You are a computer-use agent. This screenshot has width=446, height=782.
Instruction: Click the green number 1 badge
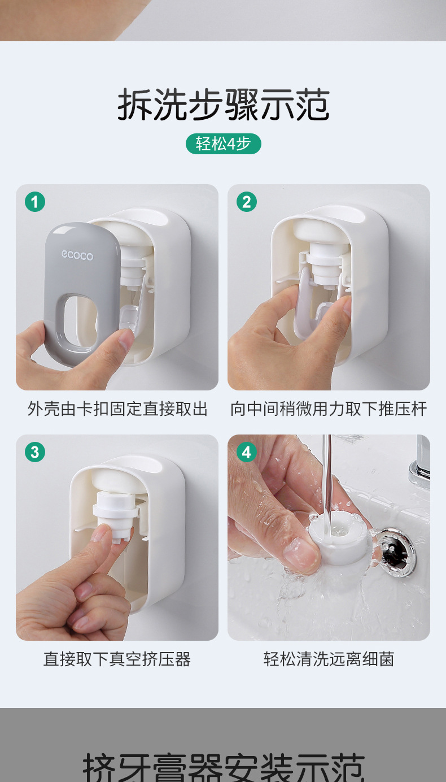point(35,202)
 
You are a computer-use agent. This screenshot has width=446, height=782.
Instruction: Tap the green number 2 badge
point(247,202)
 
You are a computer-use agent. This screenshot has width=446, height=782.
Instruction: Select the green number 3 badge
point(35,452)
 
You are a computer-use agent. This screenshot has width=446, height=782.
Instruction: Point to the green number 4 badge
point(247,452)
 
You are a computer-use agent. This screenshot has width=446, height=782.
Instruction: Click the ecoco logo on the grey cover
point(77,255)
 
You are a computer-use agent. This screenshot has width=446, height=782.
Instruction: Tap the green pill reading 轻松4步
point(223,144)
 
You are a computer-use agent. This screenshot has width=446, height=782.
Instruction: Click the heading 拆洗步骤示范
point(223,104)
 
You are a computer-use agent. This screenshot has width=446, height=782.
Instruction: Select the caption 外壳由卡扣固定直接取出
point(117,409)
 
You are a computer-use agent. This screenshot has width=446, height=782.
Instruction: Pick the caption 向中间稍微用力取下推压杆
point(329,409)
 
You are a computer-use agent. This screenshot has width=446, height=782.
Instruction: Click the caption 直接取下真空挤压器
point(117,659)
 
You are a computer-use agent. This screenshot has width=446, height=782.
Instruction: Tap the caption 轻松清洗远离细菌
point(329,659)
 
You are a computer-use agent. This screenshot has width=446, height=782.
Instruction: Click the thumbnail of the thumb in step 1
point(125,338)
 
